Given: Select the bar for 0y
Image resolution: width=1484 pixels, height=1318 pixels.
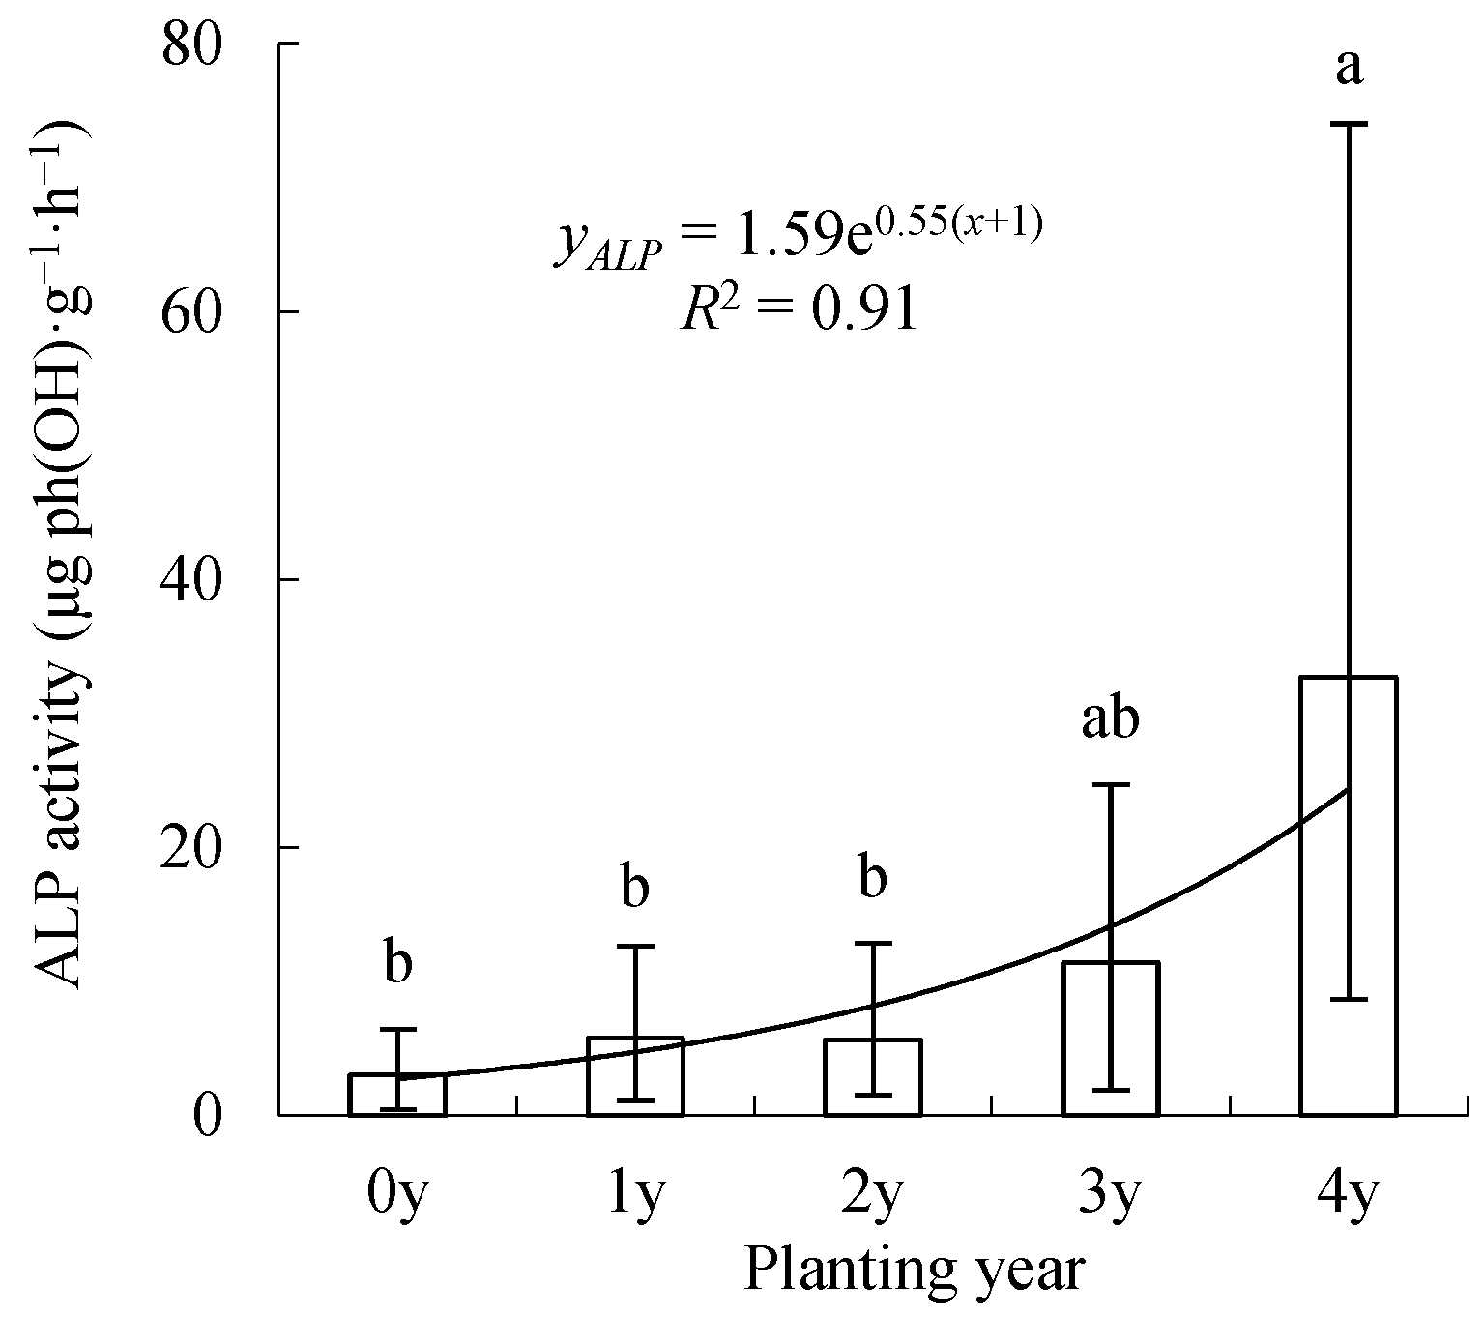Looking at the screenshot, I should (397, 1095).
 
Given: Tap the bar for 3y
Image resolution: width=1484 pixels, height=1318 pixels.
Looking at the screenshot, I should (1110, 1039).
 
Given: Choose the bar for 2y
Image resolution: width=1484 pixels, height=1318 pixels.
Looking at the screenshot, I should (873, 1077).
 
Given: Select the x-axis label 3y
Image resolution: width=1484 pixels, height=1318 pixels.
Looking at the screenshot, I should (1110, 1198).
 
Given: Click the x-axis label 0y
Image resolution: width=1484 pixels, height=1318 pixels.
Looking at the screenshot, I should (397, 1198).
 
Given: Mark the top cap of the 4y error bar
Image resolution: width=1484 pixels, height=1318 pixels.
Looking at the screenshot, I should (1349, 124).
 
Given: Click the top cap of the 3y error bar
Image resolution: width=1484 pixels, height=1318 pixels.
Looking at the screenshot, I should (1110, 784).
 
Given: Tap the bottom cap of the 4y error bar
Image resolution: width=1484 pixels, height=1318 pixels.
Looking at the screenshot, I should (1349, 999).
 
